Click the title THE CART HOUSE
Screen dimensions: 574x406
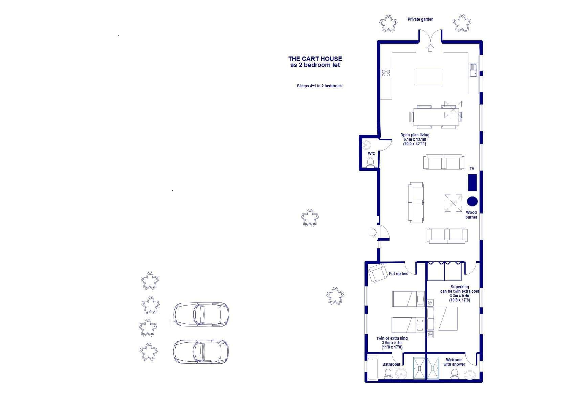(x=315, y=59)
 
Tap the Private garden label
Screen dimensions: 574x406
(x=420, y=19)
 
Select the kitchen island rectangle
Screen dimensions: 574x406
(x=430, y=78)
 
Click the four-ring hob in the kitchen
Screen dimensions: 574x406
(x=386, y=73)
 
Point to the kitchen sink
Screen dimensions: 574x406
(x=473, y=70)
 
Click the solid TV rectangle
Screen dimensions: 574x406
(x=472, y=183)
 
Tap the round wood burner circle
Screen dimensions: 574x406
(x=472, y=201)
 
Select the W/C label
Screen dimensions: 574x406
(x=371, y=154)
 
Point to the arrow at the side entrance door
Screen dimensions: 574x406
(x=373, y=232)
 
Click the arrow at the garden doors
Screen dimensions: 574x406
(x=430, y=48)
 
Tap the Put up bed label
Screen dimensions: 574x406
(x=398, y=274)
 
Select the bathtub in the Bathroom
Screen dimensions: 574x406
(x=373, y=368)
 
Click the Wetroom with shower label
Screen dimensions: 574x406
(x=454, y=362)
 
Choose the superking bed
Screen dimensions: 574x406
(x=442, y=319)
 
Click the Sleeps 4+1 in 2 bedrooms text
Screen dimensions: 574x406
(x=319, y=86)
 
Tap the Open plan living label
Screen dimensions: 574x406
(x=415, y=135)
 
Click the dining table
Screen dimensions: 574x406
(x=436, y=117)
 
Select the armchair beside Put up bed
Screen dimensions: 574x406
(x=378, y=273)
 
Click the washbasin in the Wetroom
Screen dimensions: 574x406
(x=470, y=375)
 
